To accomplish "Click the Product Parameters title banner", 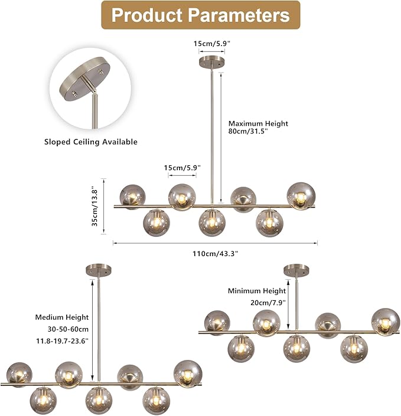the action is (x=201, y=15).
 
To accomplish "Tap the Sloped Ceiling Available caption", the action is (x=91, y=142).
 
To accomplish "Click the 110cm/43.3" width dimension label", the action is (x=216, y=254).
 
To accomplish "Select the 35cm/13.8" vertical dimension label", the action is (x=95, y=208).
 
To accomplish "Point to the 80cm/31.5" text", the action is (x=248, y=132).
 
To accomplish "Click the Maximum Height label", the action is (x=258, y=124).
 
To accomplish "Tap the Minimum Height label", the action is (x=257, y=291).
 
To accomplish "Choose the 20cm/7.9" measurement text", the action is (x=268, y=303).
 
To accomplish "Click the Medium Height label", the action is (x=62, y=317).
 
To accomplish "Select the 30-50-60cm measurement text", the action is (x=68, y=329).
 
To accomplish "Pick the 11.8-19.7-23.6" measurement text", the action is (x=63, y=341).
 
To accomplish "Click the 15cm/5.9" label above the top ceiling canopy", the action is (x=211, y=44).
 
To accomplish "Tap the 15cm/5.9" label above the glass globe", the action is (x=182, y=168).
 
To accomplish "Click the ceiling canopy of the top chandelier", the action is (x=211, y=61).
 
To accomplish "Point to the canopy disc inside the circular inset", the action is (x=84, y=78).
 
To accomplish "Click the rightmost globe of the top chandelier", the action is (x=301, y=196).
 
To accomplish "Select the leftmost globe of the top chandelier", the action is (x=132, y=197).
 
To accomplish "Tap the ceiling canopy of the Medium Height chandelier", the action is (x=99, y=270).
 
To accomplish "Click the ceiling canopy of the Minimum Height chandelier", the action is (x=296, y=270).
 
